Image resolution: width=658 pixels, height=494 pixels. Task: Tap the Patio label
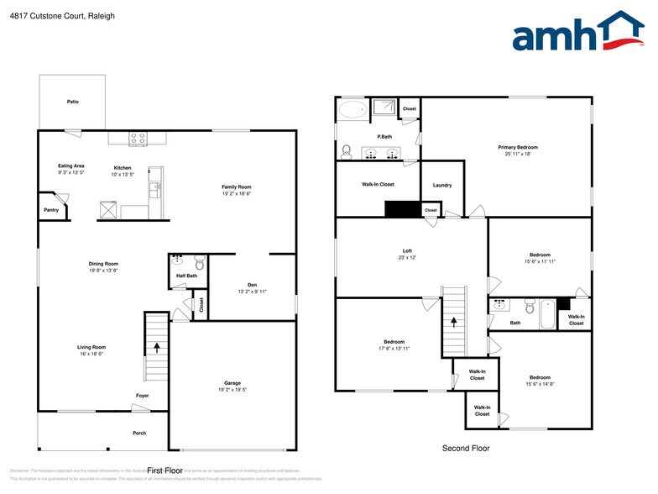(73, 102)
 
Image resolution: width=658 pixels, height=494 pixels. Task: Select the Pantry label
(51, 210)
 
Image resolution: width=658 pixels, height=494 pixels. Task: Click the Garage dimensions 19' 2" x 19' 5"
(232, 390)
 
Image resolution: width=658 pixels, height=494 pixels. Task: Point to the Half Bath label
(186, 276)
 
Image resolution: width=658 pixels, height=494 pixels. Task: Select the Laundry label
(442, 185)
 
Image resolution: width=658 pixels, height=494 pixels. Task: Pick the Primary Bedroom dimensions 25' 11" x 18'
(517, 154)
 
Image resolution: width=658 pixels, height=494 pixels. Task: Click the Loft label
(407, 251)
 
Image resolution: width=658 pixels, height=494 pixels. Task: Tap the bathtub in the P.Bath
(352, 109)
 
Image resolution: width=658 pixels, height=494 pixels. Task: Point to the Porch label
(139, 433)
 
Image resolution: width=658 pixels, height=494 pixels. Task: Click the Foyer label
(143, 395)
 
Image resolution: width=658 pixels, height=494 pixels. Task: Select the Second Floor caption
(466, 449)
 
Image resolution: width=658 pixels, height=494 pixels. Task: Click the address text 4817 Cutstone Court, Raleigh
(50, 16)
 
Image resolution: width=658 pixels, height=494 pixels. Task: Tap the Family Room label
(237, 187)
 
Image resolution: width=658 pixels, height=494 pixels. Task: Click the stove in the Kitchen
(138, 138)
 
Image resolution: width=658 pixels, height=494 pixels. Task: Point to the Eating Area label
(71, 166)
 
